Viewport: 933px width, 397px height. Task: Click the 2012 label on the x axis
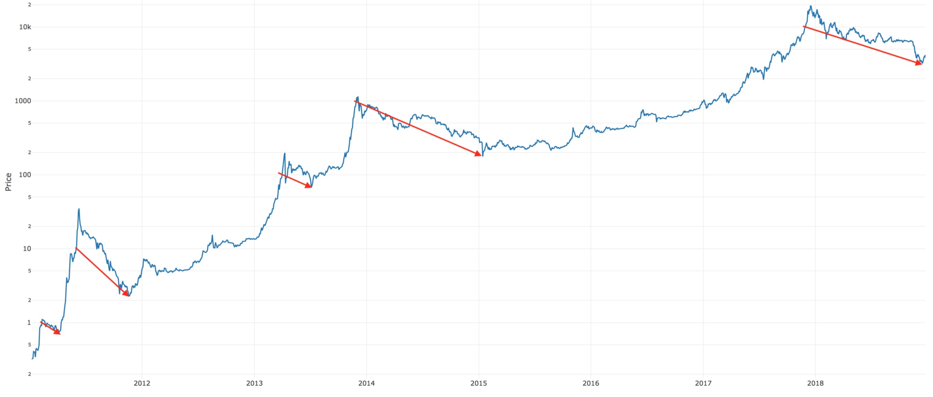click(142, 383)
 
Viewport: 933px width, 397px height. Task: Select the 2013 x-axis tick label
click(254, 383)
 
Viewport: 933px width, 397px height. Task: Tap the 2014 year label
click(367, 383)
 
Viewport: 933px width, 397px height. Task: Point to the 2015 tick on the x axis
click(479, 383)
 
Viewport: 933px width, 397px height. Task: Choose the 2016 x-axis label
click(591, 383)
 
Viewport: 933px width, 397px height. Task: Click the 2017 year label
click(703, 383)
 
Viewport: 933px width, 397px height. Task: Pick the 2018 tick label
click(815, 383)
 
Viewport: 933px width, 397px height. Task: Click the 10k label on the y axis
click(25, 27)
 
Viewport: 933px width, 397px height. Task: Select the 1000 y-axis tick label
click(23, 101)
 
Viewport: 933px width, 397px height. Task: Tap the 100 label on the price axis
click(25, 175)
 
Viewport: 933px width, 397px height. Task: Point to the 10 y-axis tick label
click(27, 248)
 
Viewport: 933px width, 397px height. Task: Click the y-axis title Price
click(8, 182)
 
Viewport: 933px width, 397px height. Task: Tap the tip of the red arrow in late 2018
click(920, 64)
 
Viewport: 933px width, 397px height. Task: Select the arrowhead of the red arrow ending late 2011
click(126, 294)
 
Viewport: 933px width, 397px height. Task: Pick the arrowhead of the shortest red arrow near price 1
click(58, 333)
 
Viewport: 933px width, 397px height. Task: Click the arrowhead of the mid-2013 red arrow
click(309, 186)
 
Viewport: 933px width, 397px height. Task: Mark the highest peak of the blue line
click(811, 6)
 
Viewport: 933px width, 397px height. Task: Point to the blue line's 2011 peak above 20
click(79, 209)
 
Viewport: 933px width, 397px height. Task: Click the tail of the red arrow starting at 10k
click(804, 27)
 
